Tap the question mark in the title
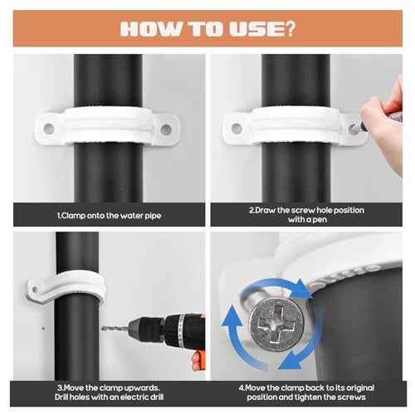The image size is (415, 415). coord(290,28)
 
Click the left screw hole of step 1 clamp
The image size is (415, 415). coord(49,129)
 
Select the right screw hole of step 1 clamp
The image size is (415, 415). coord(166,129)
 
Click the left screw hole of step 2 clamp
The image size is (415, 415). coord(237,128)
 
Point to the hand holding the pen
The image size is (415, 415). coord(384,110)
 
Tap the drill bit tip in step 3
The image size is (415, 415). coord(103,329)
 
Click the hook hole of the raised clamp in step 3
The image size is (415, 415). coord(35,290)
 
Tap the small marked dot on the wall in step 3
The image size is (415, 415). coord(43,329)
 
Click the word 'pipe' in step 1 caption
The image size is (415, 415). coord(153,216)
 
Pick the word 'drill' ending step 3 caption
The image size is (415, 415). coord(154,398)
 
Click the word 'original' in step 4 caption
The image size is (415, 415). coord(358,388)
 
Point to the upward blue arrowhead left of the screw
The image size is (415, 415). coord(232,315)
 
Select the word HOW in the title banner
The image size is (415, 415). coord(150,28)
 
